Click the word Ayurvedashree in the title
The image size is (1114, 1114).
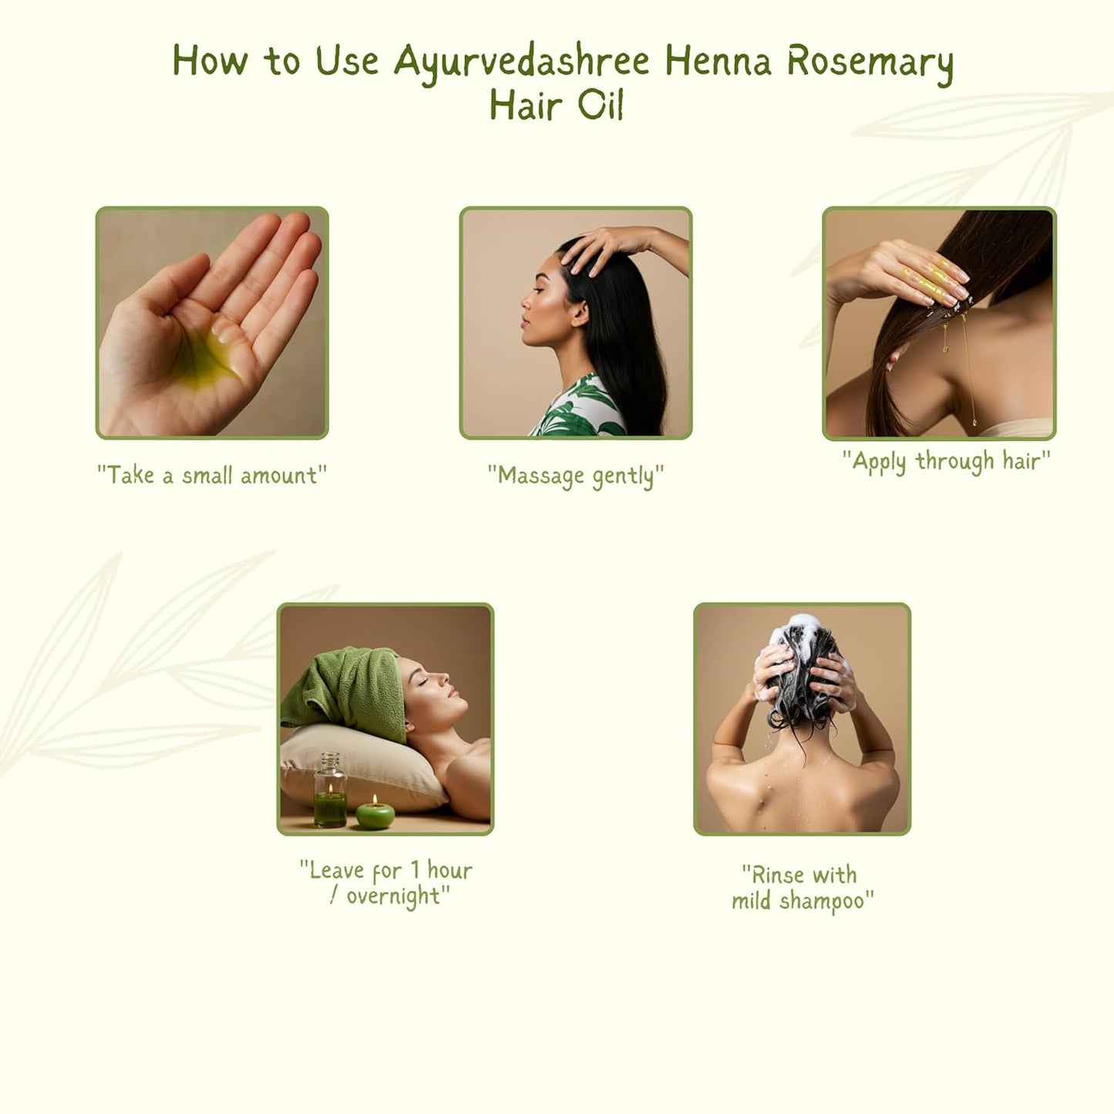(x=522, y=62)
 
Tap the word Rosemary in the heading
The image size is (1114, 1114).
(x=870, y=62)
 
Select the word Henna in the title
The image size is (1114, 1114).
(x=718, y=62)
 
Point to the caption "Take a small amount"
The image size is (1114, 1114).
(x=212, y=476)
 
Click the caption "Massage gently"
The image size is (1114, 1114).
(x=575, y=476)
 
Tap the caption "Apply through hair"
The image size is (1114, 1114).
(x=946, y=461)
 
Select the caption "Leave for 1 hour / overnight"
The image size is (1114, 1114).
(x=385, y=883)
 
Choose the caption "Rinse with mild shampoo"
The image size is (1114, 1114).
(x=802, y=887)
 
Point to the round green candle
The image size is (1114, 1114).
(x=375, y=814)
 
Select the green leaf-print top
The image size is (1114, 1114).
(x=578, y=409)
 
